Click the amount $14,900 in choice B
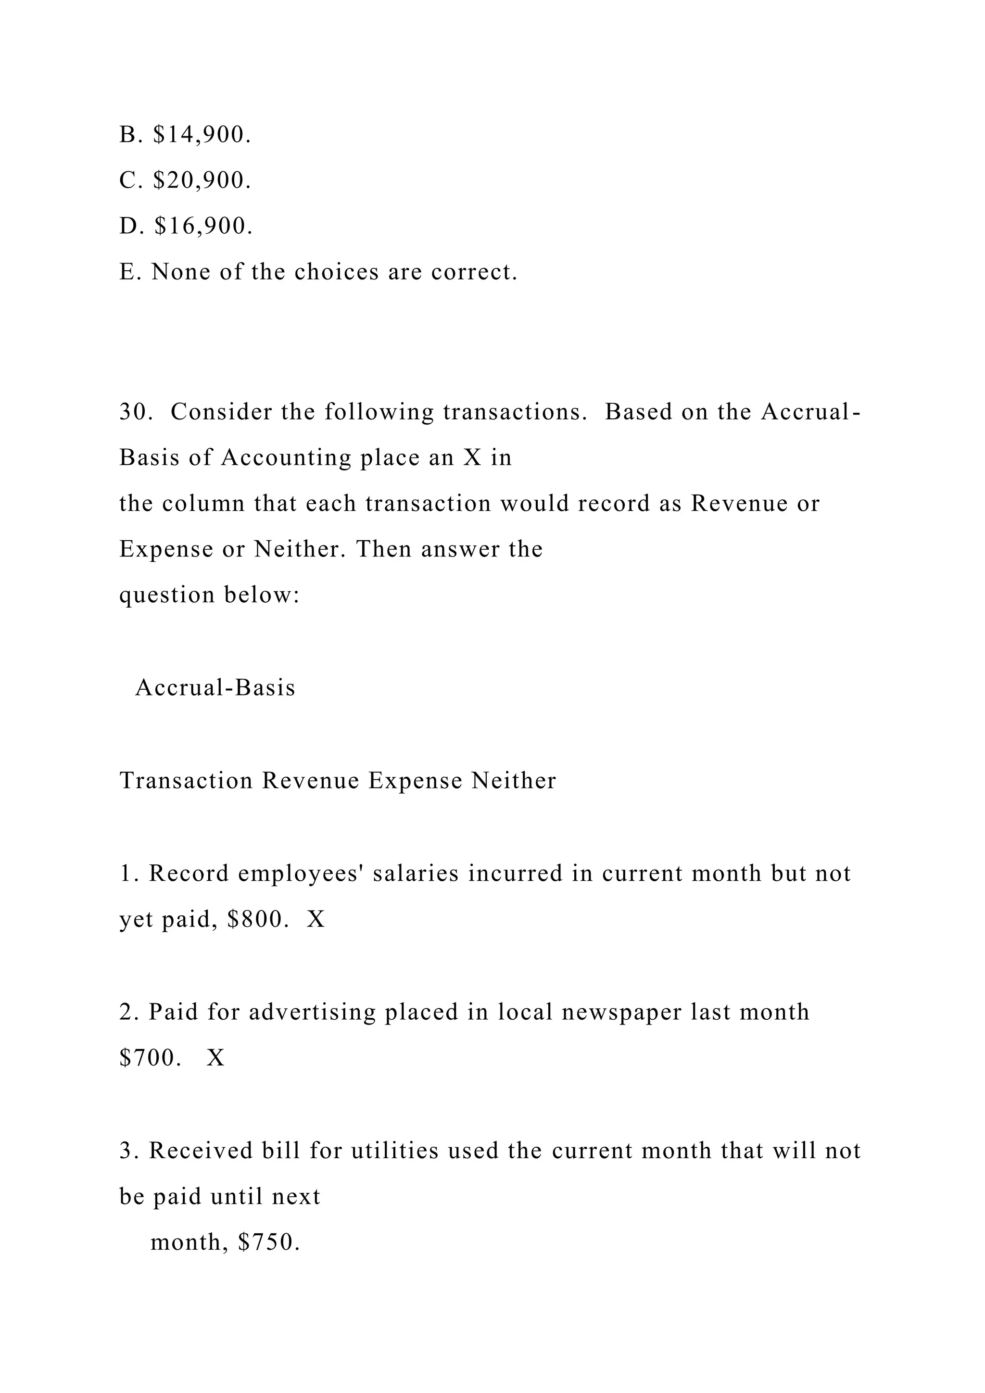click(202, 135)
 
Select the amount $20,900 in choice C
click(202, 180)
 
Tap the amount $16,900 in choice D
click(202, 226)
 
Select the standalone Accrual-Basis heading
click(215, 687)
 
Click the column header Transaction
click(186, 780)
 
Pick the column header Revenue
click(311, 780)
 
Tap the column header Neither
click(514, 780)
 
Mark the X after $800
click(316, 920)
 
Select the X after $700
click(216, 1058)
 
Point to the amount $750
click(269, 1242)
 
